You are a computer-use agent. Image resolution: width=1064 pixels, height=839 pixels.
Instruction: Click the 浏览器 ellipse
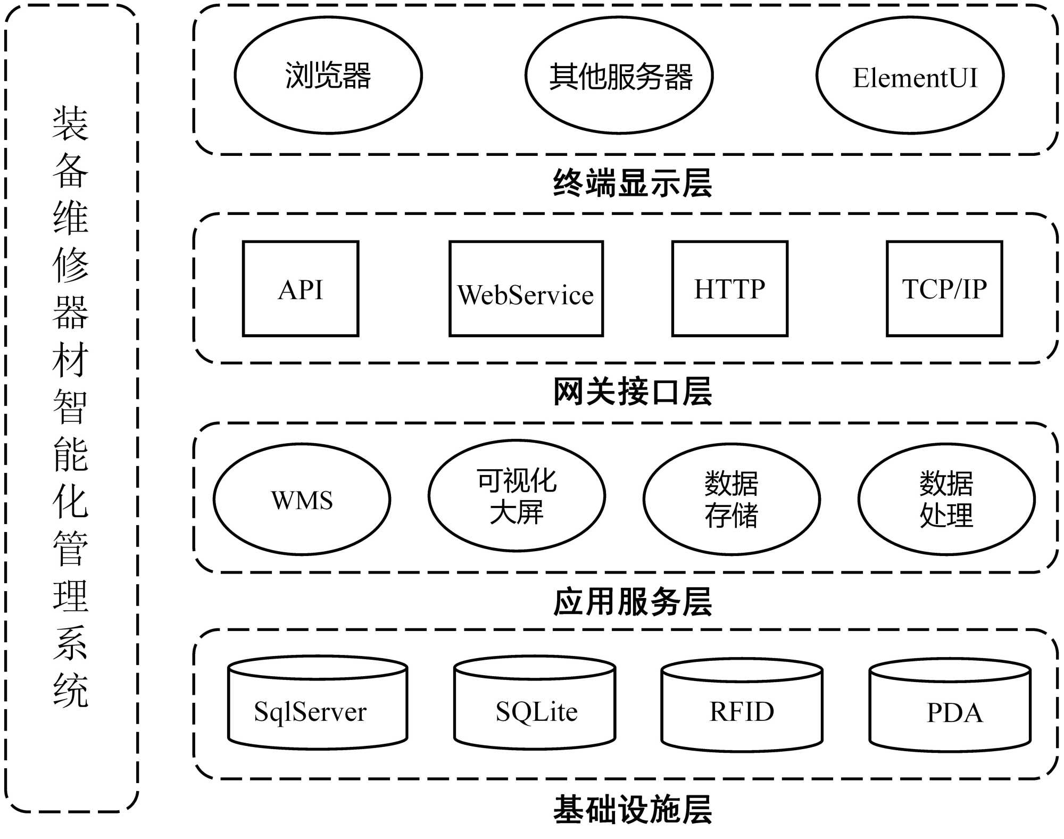328,76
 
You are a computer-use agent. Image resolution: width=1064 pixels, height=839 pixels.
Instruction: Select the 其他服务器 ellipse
619,76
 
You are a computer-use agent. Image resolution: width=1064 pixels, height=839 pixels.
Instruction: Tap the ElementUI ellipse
910,76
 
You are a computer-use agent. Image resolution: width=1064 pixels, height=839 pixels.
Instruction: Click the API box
301,289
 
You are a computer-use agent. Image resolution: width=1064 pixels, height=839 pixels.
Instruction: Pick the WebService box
526,289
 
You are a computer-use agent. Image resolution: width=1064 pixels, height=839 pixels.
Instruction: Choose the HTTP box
729,289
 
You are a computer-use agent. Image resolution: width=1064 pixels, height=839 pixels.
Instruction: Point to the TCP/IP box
944,289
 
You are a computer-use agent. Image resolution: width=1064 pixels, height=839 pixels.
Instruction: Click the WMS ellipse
302,499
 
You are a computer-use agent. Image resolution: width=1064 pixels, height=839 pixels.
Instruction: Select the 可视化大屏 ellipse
517,496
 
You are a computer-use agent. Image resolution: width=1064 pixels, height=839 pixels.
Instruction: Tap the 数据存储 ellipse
731,499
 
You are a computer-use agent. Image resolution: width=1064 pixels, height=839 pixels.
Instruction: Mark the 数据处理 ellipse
946,499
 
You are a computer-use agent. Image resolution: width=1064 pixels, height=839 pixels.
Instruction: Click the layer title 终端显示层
633,184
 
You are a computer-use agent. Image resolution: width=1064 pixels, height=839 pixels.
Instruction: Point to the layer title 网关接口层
633,392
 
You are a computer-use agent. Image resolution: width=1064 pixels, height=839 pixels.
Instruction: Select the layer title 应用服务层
633,602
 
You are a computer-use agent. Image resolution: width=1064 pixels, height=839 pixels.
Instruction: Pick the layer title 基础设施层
633,810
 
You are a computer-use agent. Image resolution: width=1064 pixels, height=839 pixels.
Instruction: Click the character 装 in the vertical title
70,123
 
